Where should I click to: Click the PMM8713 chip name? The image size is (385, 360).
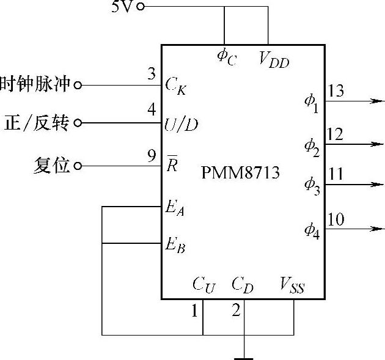[x=240, y=173]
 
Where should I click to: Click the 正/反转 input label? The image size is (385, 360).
[x=38, y=123]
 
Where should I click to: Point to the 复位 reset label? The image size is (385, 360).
[x=52, y=165]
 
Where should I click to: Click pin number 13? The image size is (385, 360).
[x=335, y=92]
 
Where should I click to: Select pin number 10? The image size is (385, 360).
[x=335, y=219]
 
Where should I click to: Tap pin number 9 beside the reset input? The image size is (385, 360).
[x=152, y=157]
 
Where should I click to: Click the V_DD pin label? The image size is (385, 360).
[x=273, y=60]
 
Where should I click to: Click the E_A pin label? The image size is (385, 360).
[x=175, y=208]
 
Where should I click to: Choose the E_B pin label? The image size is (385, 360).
[x=175, y=246]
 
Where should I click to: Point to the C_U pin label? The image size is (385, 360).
[x=204, y=284]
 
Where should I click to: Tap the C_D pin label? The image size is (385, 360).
[x=243, y=284]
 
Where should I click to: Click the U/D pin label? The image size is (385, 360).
[x=181, y=124]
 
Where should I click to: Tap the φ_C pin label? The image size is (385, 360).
[x=226, y=56]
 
